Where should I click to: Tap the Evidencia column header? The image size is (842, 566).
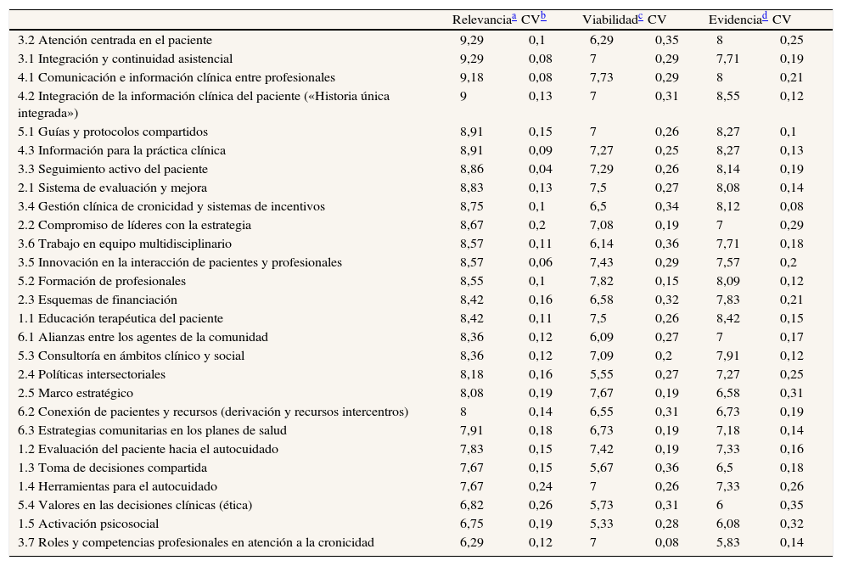click(738, 20)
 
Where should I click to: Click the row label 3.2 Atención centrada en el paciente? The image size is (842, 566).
click(115, 40)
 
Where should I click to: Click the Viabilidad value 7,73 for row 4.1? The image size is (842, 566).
click(600, 77)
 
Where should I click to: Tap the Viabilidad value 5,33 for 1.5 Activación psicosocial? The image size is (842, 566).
click(600, 524)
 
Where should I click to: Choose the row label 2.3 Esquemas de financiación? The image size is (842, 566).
click(98, 300)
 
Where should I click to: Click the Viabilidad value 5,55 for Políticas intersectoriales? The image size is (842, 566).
click(600, 374)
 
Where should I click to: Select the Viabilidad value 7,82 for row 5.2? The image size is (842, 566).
click(600, 281)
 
